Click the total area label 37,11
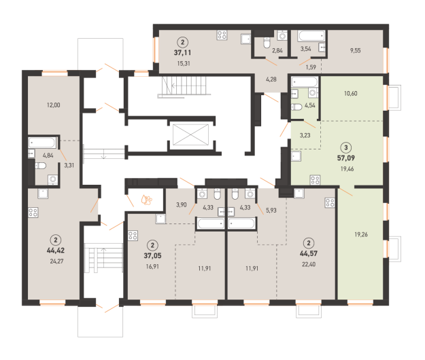pos(182,52)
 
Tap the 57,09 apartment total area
pos(346,158)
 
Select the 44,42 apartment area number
pos(56,251)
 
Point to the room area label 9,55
pos(355,50)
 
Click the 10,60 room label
pos(350,93)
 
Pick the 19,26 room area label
pos(361,234)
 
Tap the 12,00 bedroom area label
pos(54,105)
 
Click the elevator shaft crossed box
pos(191,134)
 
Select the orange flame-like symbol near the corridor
pos(147,200)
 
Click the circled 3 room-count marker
pos(346,147)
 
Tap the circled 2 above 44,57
pos(309,242)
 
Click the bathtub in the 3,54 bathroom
pos(311,36)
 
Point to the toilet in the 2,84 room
pos(267,43)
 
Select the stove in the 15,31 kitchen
pos(222,35)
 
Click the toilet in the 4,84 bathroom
pos(40,165)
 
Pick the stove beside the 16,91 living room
pos(133,236)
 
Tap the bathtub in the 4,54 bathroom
pos(305,82)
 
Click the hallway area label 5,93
pos(271,211)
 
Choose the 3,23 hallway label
pos(305,135)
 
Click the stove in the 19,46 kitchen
pos(315,180)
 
